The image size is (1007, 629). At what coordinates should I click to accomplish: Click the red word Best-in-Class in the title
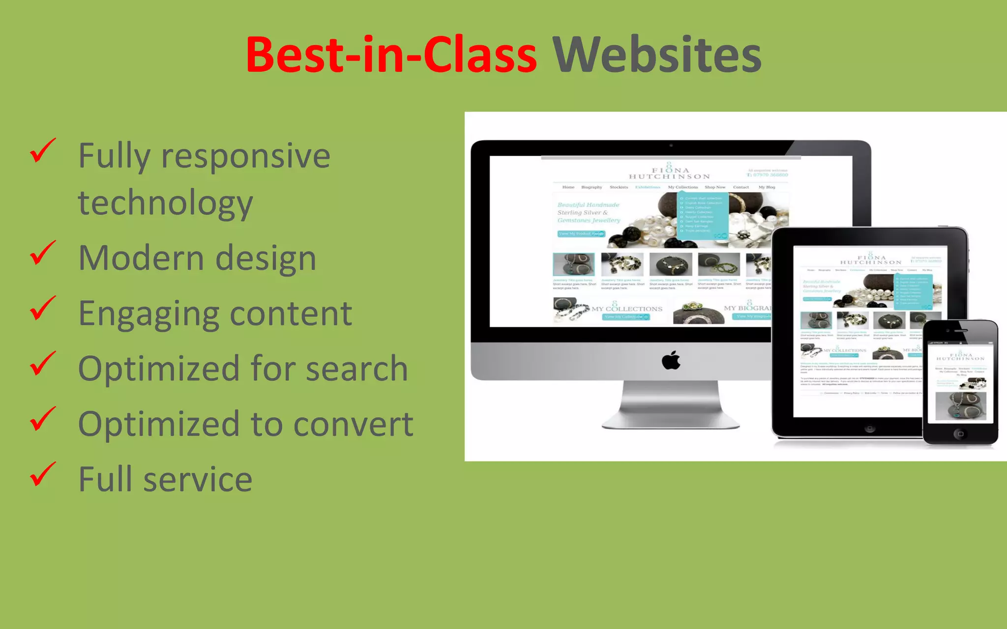[391, 55]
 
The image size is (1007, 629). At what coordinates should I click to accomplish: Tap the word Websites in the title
[657, 55]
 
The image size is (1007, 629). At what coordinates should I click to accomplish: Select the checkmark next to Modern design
[43, 253]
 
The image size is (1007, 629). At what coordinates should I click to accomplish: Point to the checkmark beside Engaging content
[43, 308]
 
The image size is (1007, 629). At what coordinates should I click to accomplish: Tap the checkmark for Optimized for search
[43, 364]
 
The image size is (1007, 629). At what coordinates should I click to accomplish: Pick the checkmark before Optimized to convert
[43, 419]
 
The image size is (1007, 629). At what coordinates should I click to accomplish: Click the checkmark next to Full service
[43, 474]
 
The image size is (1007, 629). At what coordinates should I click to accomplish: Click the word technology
[166, 203]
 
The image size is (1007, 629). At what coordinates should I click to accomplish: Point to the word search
[356, 369]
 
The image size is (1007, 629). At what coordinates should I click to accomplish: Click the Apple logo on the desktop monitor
[671, 361]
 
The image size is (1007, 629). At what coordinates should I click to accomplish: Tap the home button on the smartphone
[960, 434]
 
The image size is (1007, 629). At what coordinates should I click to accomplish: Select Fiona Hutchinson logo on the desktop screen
[670, 172]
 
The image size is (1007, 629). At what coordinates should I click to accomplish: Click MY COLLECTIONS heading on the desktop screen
[627, 309]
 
